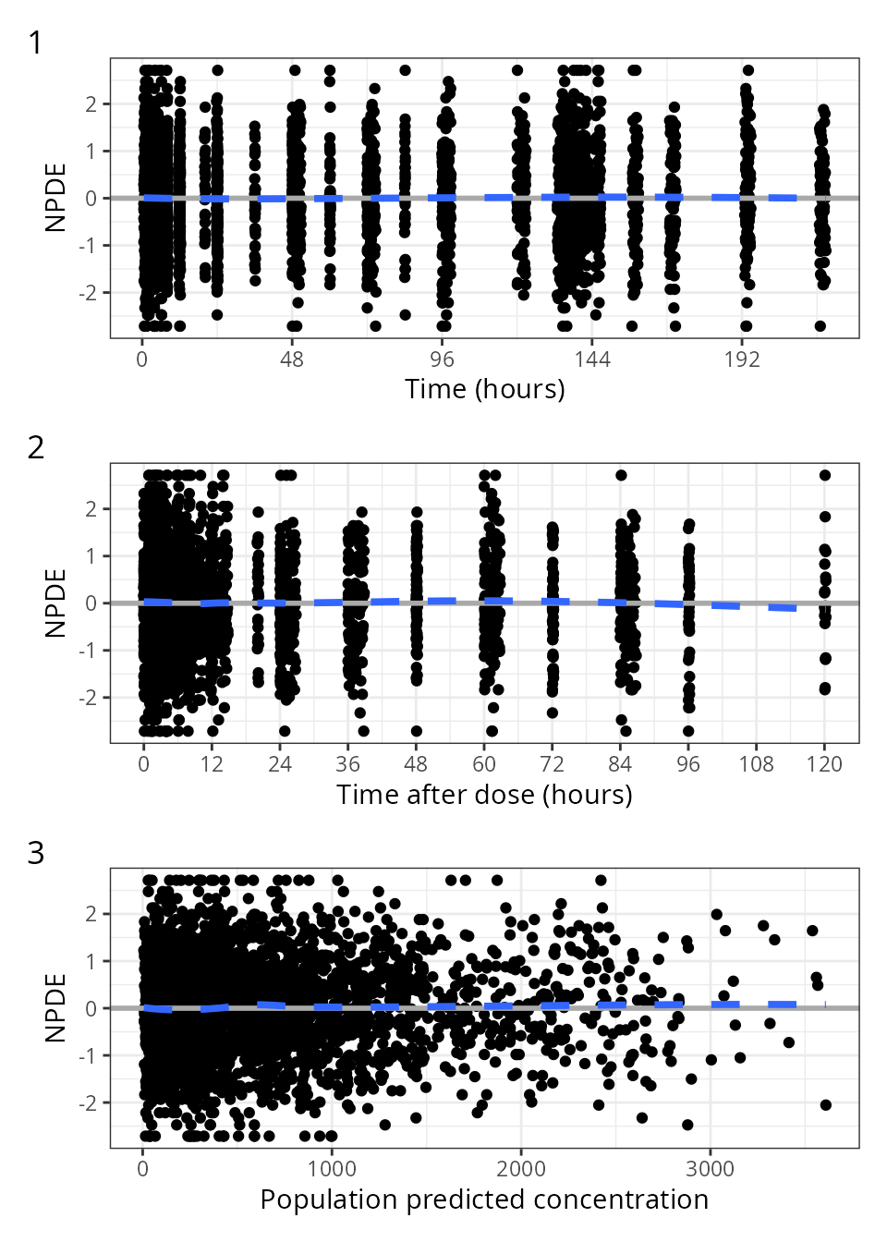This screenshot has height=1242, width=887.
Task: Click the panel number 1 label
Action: [36, 43]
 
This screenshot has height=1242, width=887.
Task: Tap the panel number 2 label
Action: [36, 448]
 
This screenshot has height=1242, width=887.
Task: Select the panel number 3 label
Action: [36, 853]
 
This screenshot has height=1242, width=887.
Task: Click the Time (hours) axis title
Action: [484, 389]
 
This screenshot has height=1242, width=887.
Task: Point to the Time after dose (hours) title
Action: [484, 795]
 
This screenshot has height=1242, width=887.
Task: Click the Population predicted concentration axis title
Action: [484, 1199]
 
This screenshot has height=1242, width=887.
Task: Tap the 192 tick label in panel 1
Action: [742, 359]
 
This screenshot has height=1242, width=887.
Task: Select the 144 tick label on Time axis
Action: [592, 359]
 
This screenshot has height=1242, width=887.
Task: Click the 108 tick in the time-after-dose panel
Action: [756, 764]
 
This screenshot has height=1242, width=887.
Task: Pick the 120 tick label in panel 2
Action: [824, 764]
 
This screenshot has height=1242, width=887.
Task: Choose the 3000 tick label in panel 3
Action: [710, 1169]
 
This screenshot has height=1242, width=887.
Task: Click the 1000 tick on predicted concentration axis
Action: [332, 1169]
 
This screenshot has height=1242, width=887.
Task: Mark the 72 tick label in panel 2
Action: [552, 764]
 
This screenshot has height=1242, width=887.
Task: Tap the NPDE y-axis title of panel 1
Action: [55, 198]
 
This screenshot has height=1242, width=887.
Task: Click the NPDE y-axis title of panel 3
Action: [55, 1007]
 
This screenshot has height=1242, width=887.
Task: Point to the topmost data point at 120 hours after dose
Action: [825, 476]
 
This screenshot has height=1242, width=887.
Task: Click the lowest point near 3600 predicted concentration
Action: [825, 1105]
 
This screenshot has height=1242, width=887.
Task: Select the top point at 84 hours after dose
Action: [621, 476]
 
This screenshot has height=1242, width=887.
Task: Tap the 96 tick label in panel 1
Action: [443, 359]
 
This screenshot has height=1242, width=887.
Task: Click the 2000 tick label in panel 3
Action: [521, 1169]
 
